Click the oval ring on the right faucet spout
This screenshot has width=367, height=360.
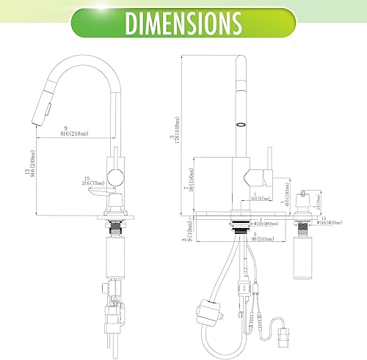pyautogui.click(x=239, y=127)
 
